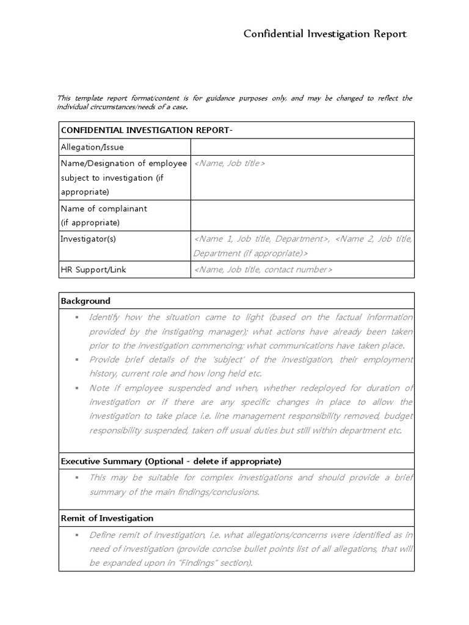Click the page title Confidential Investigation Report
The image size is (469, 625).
coord(325,34)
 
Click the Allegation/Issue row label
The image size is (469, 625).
coord(92,147)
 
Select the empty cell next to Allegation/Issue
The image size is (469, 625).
coord(302,147)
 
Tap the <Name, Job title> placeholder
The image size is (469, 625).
coord(229,164)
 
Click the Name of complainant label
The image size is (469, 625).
coord(104,209)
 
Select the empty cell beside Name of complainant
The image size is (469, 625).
coord(302,215)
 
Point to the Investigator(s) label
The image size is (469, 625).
coord(88,239)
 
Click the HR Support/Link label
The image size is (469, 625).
coord(93,269)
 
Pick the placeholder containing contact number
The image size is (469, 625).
coord(263,269)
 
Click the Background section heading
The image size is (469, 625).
coord(85,301)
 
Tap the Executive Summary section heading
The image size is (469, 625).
coord(171,461)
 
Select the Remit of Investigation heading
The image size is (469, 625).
coord(107,518)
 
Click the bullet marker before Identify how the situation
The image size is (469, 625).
coord(77,317)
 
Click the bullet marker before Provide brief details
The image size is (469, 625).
coord(77,360)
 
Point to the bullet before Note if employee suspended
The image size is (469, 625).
coord(77,388)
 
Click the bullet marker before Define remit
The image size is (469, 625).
coord(77,535)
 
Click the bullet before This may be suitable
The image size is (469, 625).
coord(77,478)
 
